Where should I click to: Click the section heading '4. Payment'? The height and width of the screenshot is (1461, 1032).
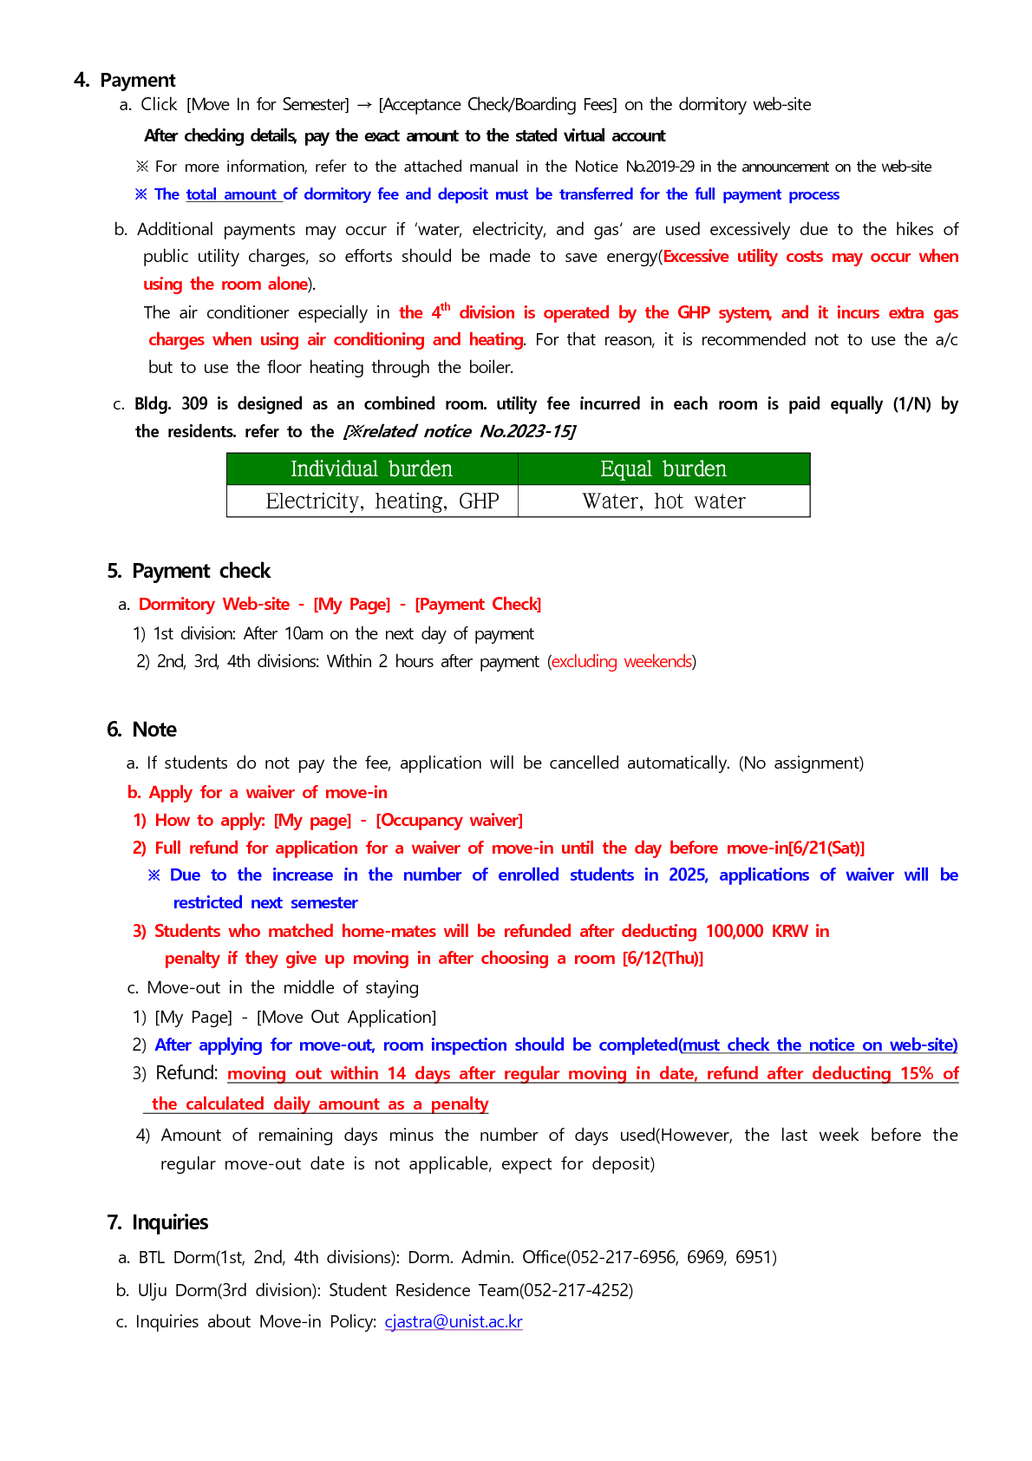(x=125, y=81)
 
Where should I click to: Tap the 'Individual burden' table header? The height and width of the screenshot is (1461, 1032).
(x=371, y=469)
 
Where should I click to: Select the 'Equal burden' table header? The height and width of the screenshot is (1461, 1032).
(x=663, y=469)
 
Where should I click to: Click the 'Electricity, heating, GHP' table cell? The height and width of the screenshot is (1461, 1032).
(x=382, y=501)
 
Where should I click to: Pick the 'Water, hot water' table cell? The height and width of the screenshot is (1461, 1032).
(x=663, y=501)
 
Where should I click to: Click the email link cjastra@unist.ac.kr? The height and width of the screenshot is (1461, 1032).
(x=454, y=1322)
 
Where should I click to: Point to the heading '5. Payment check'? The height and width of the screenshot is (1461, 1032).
(x=189, y=571)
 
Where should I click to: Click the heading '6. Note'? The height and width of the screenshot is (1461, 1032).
(x=141, y=730)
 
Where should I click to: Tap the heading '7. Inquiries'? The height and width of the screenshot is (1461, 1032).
(x=158, y=1222)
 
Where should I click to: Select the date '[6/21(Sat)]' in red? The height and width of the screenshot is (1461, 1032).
(x=826, y=848)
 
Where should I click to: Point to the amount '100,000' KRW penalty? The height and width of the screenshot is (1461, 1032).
(x=734, y=932)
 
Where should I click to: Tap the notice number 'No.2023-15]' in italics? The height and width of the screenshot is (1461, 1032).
(x=527, y=432)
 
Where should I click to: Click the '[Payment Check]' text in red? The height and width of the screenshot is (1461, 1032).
(x=478, y=605)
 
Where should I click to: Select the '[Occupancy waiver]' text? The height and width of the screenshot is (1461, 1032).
(x=449, y=821)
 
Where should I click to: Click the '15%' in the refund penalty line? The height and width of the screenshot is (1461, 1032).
(x=917, y=1074)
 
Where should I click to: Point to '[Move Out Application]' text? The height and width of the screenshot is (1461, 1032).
(x=346, y=1018)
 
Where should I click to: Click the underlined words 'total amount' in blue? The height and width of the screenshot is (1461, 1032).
(x=232, y=195)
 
